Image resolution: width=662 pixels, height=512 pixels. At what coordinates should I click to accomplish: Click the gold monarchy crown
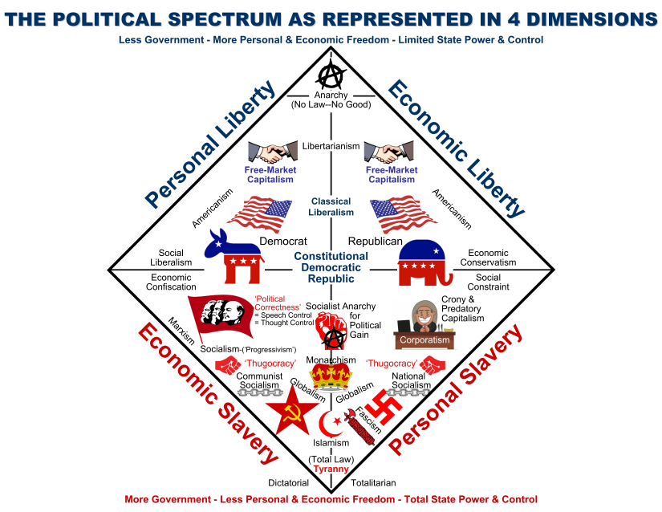click(330, 376)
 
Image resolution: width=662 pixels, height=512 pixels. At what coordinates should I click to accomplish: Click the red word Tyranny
click(331, 469)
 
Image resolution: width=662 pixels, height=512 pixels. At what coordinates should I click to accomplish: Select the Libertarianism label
click(331, 145)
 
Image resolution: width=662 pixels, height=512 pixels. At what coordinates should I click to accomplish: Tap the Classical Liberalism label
click(331, 207)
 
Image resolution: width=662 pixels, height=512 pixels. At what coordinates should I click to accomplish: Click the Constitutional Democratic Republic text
click(331, 267)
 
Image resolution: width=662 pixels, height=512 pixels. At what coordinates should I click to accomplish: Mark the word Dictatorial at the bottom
click(288, 483)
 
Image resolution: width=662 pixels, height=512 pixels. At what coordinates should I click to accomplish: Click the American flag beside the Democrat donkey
click(258, 215)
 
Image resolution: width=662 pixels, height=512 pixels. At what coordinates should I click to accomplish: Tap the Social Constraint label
click(493, 282)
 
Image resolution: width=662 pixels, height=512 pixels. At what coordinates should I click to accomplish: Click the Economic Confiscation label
click(171, 282)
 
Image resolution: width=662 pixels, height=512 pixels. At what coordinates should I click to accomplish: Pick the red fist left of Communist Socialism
click(227, 365)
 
